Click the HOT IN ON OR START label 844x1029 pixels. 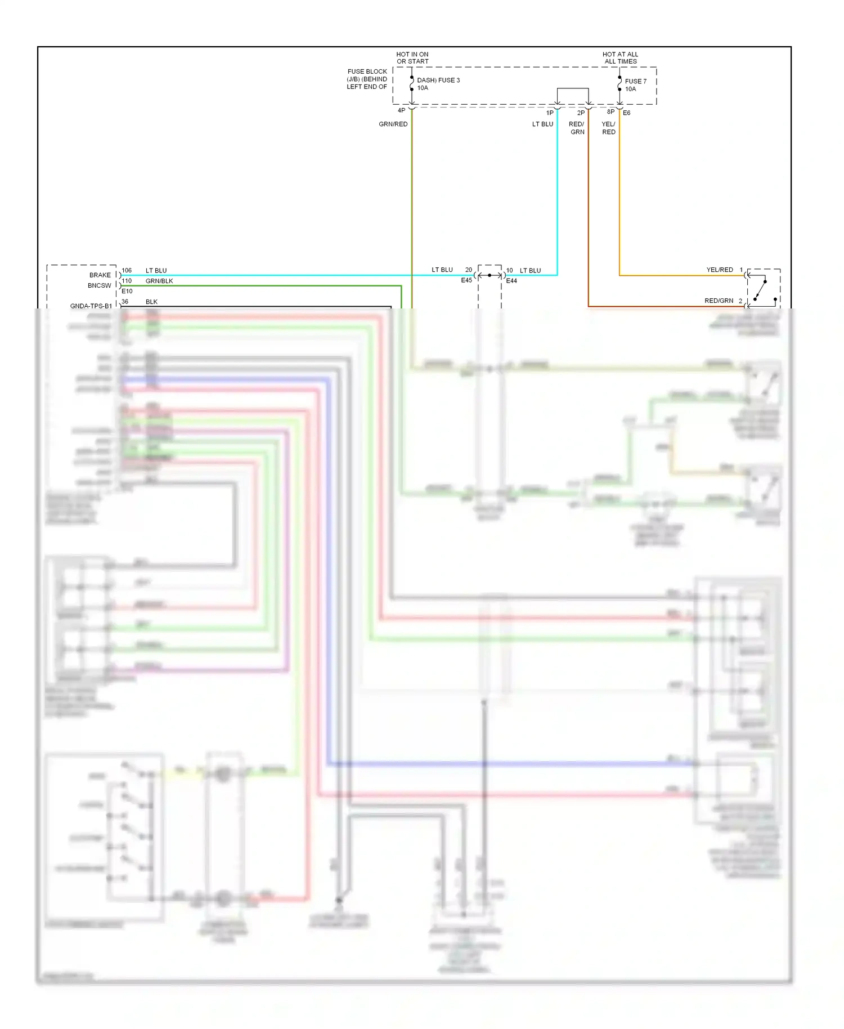(412, 58)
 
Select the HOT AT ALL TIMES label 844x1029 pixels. (620, 58)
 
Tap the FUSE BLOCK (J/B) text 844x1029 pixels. (367, 79)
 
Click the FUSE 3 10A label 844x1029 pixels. (438, 84)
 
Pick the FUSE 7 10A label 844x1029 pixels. (635, 85)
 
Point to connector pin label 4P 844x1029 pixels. (401, 111)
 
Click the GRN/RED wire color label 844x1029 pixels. (393, 124)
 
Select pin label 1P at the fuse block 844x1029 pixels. (550, 113)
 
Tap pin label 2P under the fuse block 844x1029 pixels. (581, 113)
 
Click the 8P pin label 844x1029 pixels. (610, 112)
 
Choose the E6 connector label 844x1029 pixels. (627, 113)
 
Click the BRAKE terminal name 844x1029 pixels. (100, 275)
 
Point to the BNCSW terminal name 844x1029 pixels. (99, 285)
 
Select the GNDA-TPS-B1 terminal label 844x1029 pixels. (91, 306)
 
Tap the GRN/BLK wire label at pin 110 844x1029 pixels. (159, 281)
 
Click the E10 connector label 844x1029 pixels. (127, 291)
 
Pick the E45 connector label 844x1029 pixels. (466, 280)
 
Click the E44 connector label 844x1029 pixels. (511, 281)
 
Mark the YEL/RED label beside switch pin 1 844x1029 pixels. (720, 270)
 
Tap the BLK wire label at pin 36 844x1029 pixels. (151, 302)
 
